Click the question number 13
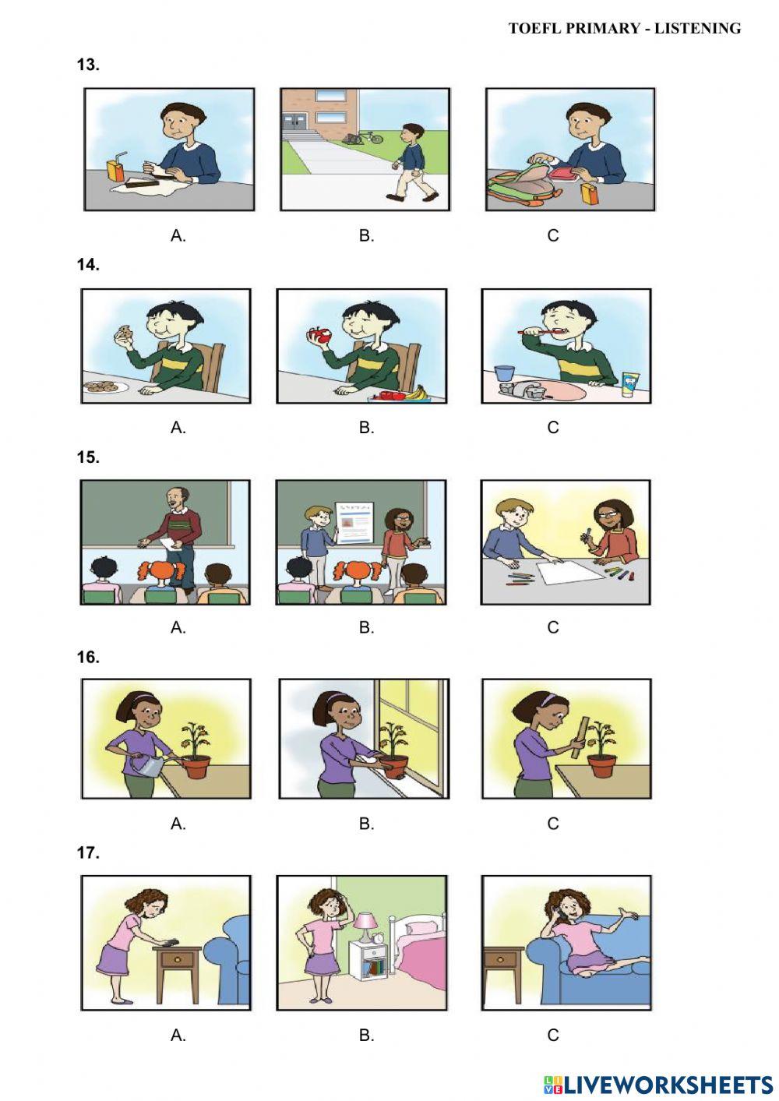[x=88, y=65]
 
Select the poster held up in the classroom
[x=354, y=522]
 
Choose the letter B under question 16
[x=366, y=824]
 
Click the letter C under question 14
[x=553, y=427]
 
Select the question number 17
[x=88, y=852]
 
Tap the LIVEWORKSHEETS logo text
[x=668, y=1084]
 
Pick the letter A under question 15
[x=178, y=627]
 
